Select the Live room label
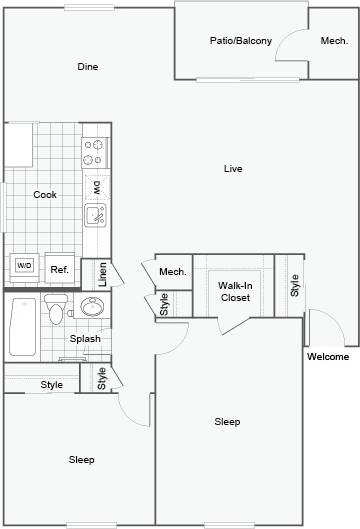[233, 168]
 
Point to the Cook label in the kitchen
[44, 194]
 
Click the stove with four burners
[95, 152]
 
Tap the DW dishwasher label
[96, 187]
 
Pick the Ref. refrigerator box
[59, 268]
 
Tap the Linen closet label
[102, 274]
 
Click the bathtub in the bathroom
[22, 327]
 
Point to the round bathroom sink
[93, 307]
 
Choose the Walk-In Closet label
[234, 291]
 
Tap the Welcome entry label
[327, 357]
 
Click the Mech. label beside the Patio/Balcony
[333, 41]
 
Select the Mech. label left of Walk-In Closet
[173, 272]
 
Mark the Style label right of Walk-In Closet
[295, 286]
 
